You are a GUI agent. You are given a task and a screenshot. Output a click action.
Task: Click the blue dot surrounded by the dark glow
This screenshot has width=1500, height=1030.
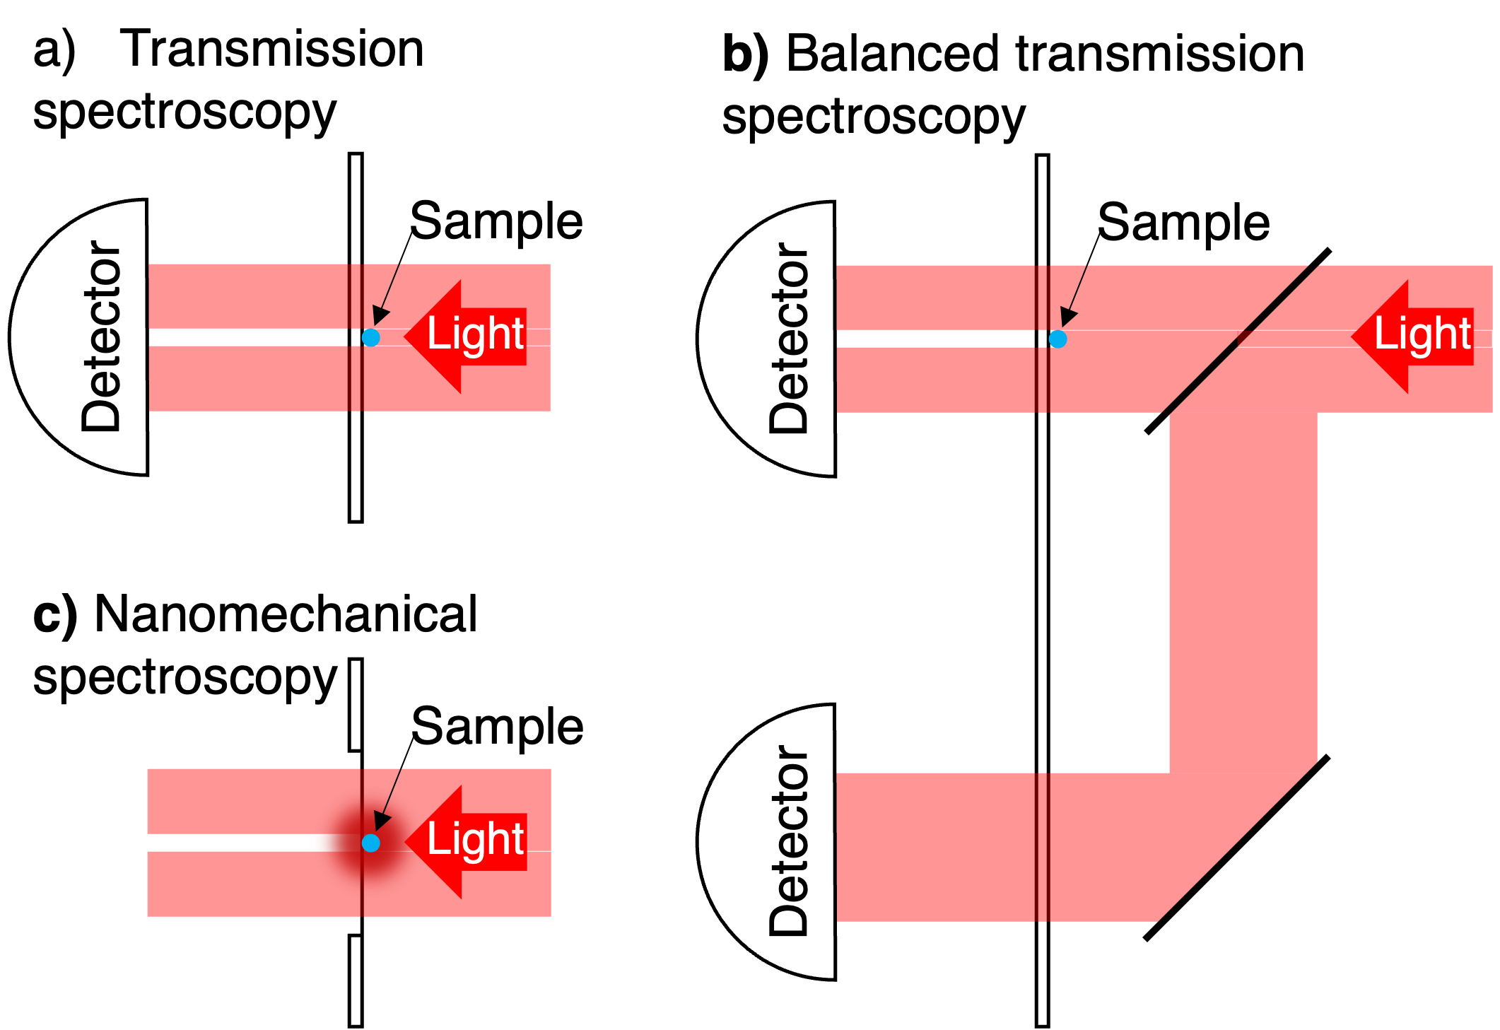370,843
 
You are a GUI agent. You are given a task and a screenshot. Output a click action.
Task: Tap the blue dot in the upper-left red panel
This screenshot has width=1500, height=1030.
370,337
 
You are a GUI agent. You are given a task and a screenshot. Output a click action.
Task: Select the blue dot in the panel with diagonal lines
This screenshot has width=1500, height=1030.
1057,339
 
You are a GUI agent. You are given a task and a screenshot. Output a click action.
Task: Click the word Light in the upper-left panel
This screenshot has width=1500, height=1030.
475,333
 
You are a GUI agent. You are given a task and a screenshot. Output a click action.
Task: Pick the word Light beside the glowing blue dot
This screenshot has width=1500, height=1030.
475,838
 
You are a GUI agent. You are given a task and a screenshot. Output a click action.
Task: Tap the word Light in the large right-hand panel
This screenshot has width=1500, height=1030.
1422,333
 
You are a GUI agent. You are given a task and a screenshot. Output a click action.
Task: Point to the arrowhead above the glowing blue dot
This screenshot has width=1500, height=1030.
382,820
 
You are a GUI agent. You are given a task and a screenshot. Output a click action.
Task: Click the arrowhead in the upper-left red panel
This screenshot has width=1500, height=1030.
380,315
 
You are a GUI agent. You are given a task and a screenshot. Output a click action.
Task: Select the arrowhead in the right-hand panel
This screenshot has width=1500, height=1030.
1068,317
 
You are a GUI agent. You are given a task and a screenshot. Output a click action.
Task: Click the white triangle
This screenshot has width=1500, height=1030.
1272,884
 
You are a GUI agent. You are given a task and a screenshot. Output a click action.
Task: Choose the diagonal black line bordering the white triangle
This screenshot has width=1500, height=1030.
1237,844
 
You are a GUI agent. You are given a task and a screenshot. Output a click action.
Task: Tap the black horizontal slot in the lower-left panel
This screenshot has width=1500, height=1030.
226,843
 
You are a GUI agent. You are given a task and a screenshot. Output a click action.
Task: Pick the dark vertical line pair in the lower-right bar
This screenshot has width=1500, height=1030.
1042,847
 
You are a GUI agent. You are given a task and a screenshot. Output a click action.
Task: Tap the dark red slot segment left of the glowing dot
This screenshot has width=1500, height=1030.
332,843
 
